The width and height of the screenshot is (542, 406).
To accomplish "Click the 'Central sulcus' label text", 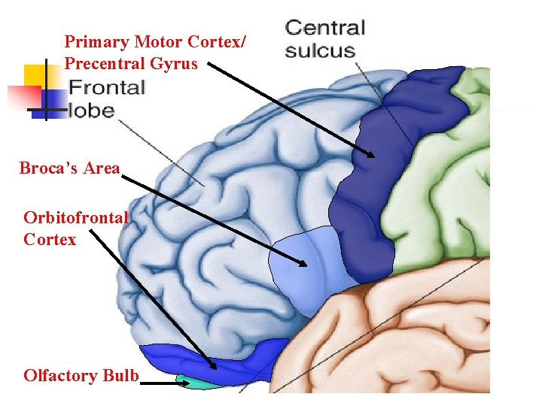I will (324, 40).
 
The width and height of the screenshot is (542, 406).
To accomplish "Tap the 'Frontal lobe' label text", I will (106, 98).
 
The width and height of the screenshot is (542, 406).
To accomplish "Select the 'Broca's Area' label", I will (69, 168).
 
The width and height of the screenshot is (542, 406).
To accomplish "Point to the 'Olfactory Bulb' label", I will (81, 375).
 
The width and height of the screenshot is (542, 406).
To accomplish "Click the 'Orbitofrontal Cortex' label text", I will (75, 229).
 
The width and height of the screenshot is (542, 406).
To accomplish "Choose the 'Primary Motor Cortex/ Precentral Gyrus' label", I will (154, 53).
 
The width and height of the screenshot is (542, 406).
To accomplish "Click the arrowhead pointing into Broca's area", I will (303, 263).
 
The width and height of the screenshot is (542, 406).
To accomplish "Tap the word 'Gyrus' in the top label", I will (175, 63).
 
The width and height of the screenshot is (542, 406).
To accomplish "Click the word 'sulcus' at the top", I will (320, 51).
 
